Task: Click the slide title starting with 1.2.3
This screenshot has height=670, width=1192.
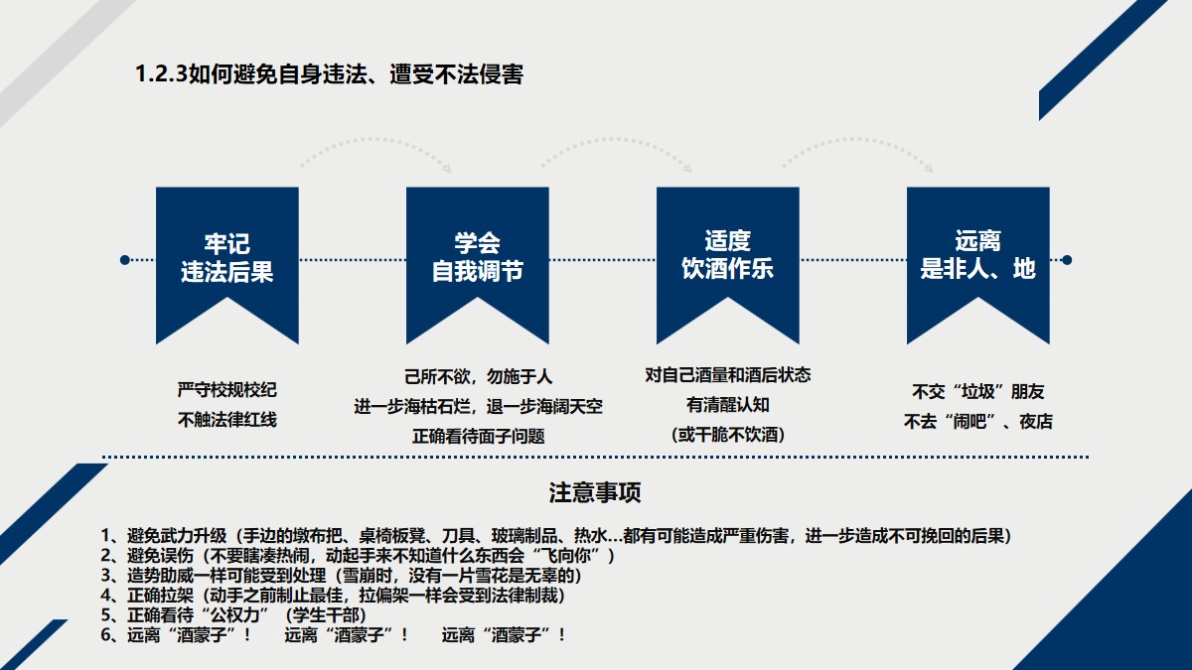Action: (329, 74)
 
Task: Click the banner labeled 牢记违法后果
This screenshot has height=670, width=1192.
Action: (226, 257)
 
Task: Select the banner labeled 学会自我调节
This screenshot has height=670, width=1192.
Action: (477, 257)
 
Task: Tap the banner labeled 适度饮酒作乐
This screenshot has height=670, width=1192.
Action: (727, 257)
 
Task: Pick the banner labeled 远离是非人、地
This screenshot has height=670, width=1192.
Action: (977, 257)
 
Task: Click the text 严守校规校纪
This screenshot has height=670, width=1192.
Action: (226, 389)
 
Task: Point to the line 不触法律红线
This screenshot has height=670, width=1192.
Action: (226, 420)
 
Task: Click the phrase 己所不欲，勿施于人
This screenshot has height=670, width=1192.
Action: (478, 377)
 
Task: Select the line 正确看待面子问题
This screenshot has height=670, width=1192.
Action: (478, 436)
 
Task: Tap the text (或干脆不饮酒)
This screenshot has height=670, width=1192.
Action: (727, 435)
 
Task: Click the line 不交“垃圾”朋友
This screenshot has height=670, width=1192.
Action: (977, 391)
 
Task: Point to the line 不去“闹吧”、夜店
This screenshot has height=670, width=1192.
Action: (977, 422)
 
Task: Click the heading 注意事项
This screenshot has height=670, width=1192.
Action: (595, 493)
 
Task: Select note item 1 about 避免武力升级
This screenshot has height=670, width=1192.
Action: (555, 535)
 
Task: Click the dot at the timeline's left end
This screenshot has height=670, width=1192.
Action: (124, 260)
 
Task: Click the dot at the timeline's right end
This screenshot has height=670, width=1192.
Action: (1067, 260)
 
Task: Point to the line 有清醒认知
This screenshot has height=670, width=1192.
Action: (727, 405)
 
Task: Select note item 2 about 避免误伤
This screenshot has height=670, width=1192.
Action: (358, 555)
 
